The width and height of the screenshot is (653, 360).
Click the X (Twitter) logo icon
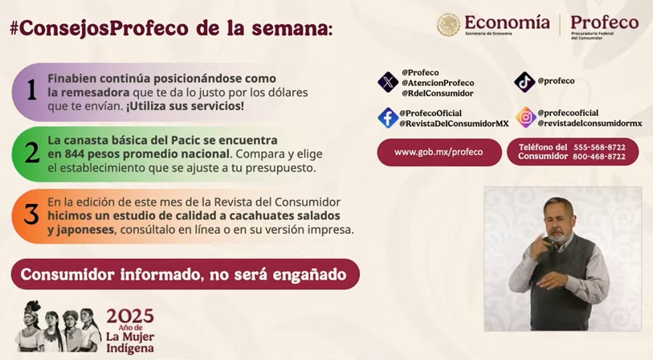388,82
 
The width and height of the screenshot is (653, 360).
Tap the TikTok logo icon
524,82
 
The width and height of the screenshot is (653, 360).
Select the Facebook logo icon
388,118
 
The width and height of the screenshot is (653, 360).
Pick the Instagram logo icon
525,117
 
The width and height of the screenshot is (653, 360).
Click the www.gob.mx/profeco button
439,152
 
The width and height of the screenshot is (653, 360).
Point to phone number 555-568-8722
599,147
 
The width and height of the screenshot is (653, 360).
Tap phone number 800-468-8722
599,157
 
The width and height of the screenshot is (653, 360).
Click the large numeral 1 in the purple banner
31,90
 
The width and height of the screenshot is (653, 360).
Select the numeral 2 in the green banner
32,153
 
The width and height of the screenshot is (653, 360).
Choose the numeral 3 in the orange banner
31,215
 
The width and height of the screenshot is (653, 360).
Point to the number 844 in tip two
73,153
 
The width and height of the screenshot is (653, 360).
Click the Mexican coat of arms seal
448,25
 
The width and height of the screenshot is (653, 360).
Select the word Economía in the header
507,22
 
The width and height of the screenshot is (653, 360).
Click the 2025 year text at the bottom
130,317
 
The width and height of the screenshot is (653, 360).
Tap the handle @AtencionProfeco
438,83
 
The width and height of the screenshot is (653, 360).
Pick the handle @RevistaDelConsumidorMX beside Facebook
454,123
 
